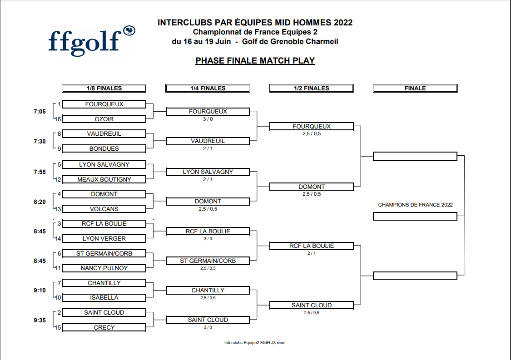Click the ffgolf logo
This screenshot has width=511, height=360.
[92, 41]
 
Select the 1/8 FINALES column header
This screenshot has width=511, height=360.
[104, 88]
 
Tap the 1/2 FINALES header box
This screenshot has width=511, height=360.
[312, 88]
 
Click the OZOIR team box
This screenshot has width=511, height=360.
[104, 119]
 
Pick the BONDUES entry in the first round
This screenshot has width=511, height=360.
[104, 148]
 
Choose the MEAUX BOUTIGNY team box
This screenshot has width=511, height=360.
[104, 179]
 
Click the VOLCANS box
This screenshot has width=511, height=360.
[104, 209]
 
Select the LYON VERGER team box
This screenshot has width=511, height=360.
[104, 238]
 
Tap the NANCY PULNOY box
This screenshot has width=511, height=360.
[104, 268]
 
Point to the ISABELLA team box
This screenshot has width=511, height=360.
[104, 298]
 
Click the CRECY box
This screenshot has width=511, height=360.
[104, 327]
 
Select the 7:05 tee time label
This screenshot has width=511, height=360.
[40, 112]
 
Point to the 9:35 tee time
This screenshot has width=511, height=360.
[40, 321]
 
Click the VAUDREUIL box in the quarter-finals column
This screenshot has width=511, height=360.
[208, 141]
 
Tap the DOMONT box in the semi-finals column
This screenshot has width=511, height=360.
[312, 187]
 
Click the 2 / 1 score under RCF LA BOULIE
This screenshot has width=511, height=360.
[312, 253]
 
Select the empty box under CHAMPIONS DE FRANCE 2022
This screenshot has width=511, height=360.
[415, 217]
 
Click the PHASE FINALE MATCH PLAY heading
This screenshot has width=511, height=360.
[255, 60]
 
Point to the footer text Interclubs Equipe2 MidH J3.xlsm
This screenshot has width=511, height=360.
[255, 343]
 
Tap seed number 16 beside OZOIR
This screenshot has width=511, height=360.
[58, 119]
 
